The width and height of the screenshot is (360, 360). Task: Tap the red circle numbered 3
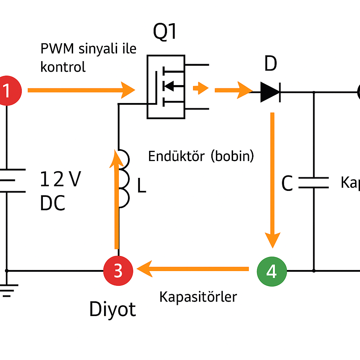[118, 271]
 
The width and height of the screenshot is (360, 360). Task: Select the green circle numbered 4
[272, 271]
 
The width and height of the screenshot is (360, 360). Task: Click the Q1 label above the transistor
[165, 33]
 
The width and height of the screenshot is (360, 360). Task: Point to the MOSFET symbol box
[166, 86]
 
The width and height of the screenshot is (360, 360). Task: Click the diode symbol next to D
[270, 92]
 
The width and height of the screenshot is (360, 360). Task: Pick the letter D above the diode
[270, 64]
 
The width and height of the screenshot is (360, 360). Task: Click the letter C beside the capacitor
[287, 184]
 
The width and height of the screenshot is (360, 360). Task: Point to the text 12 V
[60, 179]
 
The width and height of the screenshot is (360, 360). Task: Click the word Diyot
[112, 309]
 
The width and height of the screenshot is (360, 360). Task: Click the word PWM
[57, 49]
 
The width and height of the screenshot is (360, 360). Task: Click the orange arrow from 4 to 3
[193, 269]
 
